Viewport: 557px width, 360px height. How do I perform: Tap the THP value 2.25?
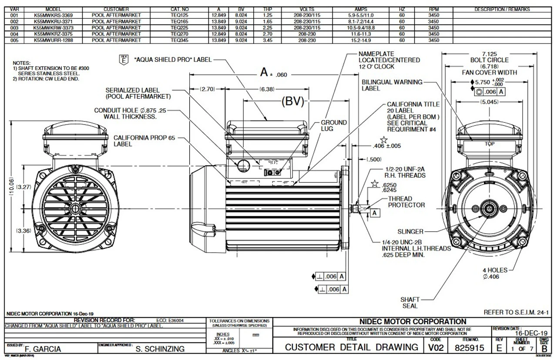267,27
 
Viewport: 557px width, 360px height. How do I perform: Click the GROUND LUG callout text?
334,126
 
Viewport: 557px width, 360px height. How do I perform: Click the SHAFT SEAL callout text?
410,303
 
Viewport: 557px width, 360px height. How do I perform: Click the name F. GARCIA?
43,349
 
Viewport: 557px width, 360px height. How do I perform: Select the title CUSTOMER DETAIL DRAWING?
352,347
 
